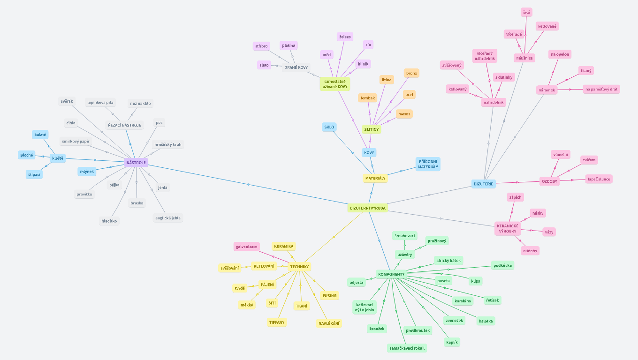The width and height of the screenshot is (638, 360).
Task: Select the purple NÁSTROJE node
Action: click(x=136, y=163)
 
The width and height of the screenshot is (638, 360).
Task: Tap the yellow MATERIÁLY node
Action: click(x=375, y=178)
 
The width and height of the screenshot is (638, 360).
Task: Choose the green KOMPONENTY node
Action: click(x=391, y=274)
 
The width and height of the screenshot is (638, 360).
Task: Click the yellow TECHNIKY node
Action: click(x=299, y=267)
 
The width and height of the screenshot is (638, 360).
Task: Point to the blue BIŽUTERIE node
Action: click(x=483, y=184)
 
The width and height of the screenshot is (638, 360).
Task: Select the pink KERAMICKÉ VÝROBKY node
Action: click(x=507, y=228)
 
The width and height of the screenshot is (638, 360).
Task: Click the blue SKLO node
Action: click(x=329, y=127)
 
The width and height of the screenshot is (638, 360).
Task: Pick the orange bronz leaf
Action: click(x=411, y=73)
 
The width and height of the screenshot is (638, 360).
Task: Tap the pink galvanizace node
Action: click(x=247, y=247)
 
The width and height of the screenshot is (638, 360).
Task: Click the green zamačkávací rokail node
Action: click(x=407, y=348)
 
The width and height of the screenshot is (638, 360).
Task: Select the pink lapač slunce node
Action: click(x=599, y=179)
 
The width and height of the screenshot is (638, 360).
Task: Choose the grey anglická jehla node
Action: click(x=168, y=218)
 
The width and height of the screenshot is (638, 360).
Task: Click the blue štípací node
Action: click(x=34, y=175)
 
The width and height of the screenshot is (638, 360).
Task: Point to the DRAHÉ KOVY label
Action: click(x=296, y=67)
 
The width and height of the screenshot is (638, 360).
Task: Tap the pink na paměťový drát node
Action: click(x=601, y=89)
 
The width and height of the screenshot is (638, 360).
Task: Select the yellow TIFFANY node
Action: click(x=277, y=322)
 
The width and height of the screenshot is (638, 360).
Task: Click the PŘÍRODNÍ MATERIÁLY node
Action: click(x=428, y=164)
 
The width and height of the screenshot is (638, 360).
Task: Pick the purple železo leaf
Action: click(x=344, y=37)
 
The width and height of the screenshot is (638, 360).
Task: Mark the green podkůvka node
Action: click(x=502, y=265)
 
